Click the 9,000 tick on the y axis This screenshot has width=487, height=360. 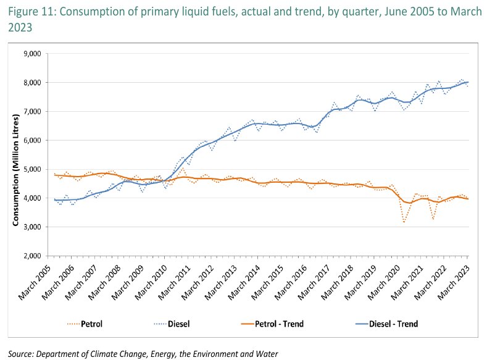(31, 54)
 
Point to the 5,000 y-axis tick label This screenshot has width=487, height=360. (31, 169)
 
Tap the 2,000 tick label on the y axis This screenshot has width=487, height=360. (31, 256)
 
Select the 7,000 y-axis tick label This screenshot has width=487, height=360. (31, 111)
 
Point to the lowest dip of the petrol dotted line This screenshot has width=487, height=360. (404, 222)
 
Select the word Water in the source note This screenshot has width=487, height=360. (266, 353)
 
